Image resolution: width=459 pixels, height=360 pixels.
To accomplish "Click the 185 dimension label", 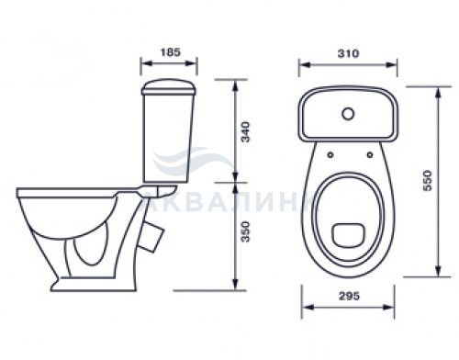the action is (x=171, y=52).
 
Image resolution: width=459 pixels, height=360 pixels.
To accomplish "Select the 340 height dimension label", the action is (x=245, y=132).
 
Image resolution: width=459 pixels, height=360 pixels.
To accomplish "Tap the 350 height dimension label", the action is (x=245, y=231).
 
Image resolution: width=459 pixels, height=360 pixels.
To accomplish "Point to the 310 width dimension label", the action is (x=348, y=53).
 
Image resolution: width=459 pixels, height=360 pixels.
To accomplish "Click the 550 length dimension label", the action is (x=427, y=181).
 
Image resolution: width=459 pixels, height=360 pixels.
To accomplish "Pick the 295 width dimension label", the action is (x=349, y=296).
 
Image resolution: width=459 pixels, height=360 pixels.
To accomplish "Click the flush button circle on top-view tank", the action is (x=348, y=114).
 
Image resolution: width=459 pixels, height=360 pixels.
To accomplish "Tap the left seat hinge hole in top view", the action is (x=330, y=155).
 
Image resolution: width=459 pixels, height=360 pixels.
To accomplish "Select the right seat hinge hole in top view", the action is (x=370, y=155).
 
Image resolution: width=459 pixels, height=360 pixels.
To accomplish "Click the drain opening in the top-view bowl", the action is (x=349, y=235).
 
